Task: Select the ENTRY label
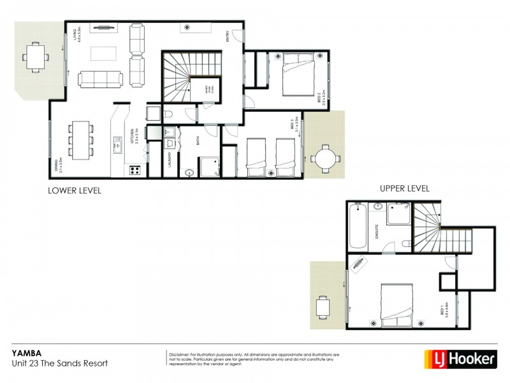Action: tap(226, 37)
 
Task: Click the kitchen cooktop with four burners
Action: tap(135, 170)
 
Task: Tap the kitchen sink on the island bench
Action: tap(117, 146)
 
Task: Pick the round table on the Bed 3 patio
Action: tap(326, 156)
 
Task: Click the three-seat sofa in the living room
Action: tap(101, 79)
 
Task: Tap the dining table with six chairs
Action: tap(80, 140)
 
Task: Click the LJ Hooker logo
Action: tap(460, 359)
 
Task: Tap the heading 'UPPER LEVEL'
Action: tap(404, 188)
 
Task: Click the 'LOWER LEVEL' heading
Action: tap(75, 190)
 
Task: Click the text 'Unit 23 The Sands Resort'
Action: tap(60, 363)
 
